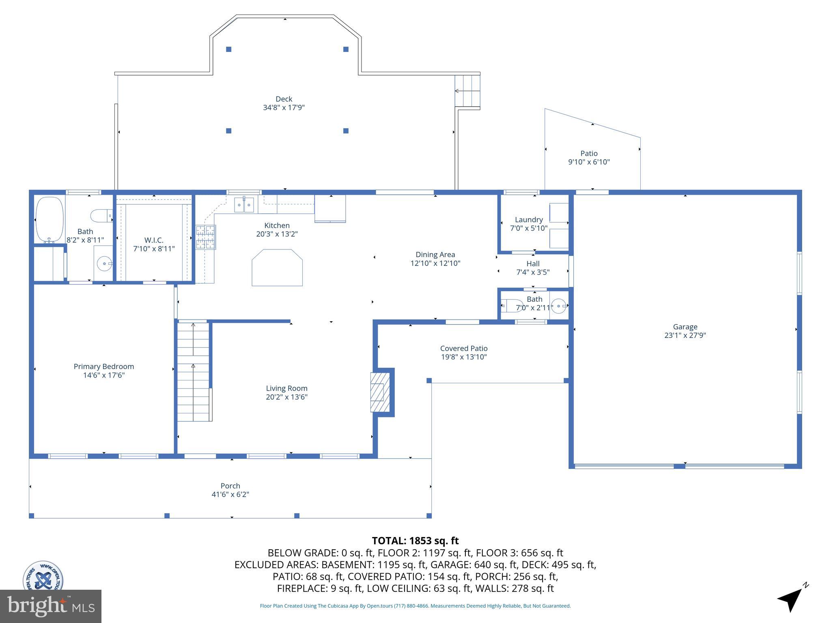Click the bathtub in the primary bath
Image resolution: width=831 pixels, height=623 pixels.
coord(50,219)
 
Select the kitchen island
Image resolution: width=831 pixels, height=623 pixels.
coord(277,267)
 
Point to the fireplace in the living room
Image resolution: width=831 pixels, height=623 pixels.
coord(380,392)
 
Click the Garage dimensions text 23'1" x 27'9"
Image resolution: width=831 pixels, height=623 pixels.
coord(685,335)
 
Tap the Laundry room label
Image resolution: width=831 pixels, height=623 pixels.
coord(529,219)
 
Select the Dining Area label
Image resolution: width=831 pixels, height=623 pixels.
coord(435,255)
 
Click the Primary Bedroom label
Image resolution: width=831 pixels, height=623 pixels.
coord(104,366)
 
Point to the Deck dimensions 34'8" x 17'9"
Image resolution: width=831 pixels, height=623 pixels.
coord(284,107)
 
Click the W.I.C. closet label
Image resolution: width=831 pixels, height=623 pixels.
coord(154,240)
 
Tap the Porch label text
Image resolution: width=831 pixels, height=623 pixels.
coord(230,486)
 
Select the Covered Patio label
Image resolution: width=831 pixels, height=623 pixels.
coord(464,348)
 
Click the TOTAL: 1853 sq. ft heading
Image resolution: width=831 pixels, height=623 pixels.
coord(415,541)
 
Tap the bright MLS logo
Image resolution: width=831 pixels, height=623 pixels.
coord(51,606)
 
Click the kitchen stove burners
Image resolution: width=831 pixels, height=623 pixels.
coord(206,237)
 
